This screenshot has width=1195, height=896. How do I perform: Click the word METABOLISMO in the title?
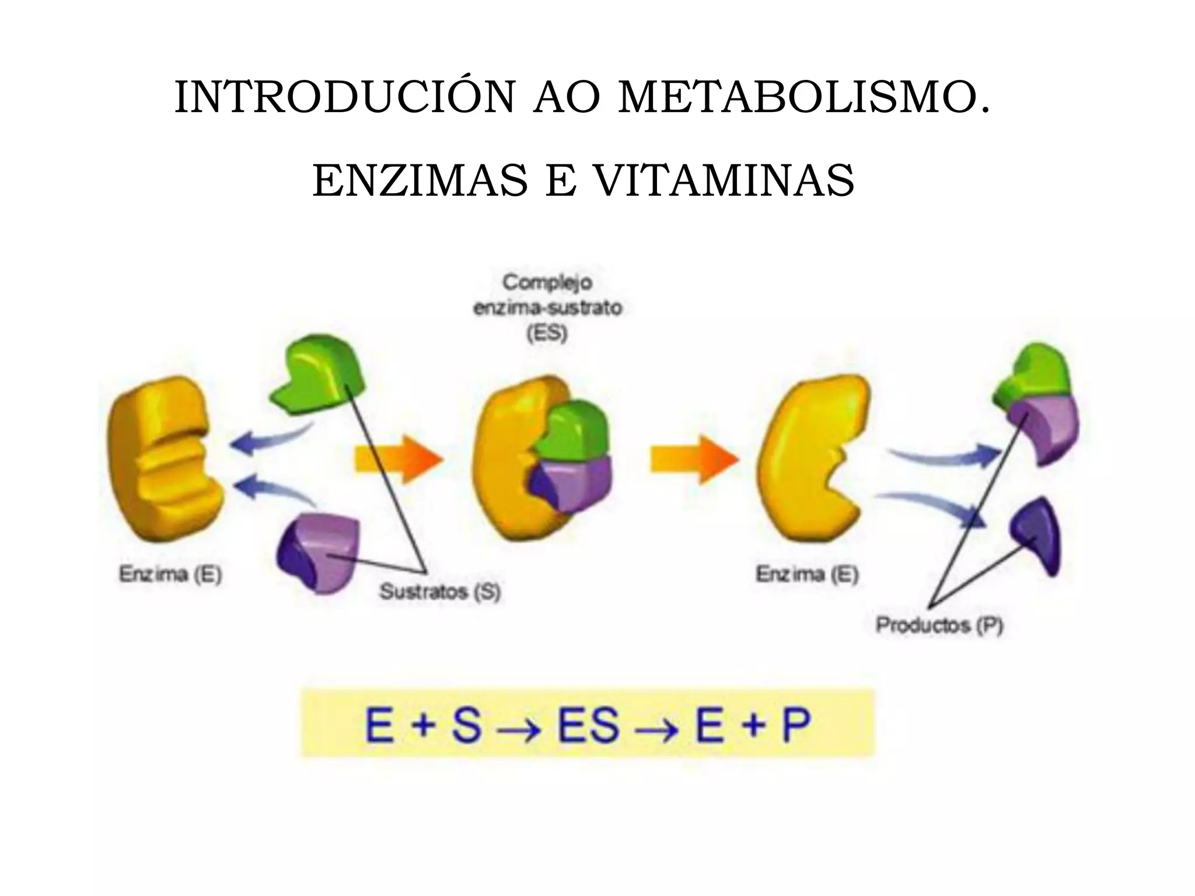(805, 97)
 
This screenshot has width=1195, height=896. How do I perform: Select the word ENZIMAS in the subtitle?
(420, 180)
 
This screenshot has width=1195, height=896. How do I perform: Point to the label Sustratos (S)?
(441, 591)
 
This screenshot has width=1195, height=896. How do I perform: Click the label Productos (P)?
(939, 625)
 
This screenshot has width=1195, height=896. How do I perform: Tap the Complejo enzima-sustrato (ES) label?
(547, 308)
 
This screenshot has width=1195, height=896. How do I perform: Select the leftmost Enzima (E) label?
(170, 575)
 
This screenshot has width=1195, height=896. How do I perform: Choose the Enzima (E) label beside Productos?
(807, 575)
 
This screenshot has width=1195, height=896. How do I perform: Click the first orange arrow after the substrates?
(399, 459)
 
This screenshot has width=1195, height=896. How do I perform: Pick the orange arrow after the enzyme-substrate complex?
(694, 459)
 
